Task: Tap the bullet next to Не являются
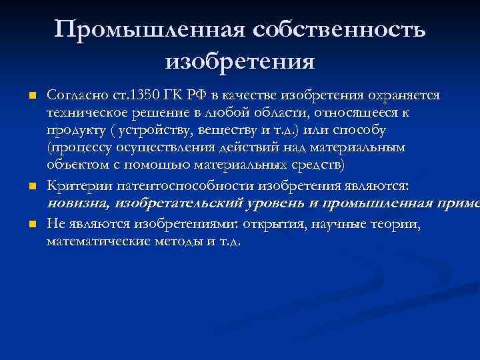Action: [x=31, y=225]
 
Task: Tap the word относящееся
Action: [x=343, y=111]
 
